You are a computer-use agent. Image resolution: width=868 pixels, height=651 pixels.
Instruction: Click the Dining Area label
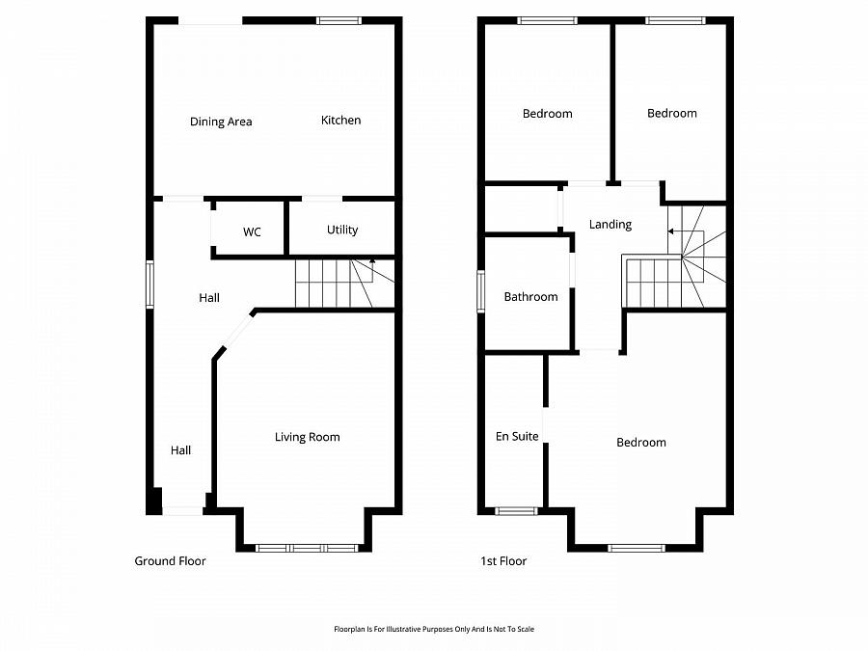point(221,122)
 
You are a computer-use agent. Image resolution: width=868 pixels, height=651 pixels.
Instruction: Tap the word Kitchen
point(340,121)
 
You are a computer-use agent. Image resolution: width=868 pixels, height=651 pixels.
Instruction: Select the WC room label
point(252,232)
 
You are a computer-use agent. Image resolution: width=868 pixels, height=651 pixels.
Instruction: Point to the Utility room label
point(342,230)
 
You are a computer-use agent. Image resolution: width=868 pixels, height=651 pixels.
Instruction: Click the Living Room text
point(307,437)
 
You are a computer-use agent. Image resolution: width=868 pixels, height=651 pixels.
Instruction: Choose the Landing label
point(610,225)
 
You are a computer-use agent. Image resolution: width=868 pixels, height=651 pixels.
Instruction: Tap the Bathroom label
point(530,297)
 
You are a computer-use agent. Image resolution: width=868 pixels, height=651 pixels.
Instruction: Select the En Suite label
point(517,437)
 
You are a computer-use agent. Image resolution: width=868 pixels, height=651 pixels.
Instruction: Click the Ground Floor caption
point(170,561)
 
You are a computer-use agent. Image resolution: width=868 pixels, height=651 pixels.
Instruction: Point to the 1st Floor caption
point(503,561)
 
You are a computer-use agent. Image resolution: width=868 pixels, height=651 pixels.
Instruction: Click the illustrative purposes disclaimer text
point(433,629)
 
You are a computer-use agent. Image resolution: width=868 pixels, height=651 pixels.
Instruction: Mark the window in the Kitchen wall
point(339,20)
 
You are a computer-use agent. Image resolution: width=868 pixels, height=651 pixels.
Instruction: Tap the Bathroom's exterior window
point(481,291)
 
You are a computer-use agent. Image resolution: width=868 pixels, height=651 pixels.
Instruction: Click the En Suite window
point(516,510)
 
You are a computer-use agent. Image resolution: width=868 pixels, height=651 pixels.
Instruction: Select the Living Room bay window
point(306,548)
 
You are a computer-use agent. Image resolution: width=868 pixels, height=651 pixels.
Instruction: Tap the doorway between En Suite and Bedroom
point(546,427)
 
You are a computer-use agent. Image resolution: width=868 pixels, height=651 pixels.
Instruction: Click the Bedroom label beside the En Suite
point(641,443)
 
